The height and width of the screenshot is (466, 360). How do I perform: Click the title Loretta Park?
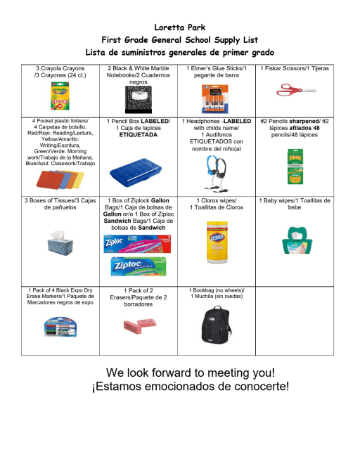[x=179, y=27]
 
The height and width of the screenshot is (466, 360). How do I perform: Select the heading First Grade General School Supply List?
[x=179, y=39]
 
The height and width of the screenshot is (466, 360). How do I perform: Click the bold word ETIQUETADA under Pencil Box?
[x=138, y=134]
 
